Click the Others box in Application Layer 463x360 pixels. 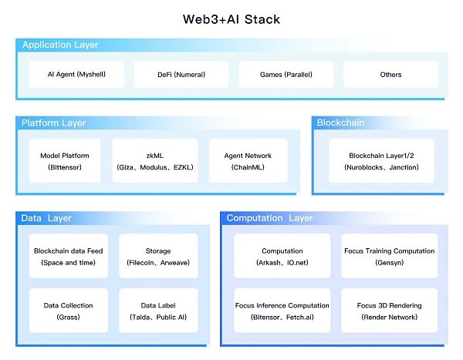click(x=390, y=75)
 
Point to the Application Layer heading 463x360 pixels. click(x=60, y=45)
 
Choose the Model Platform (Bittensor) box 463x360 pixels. click(x=65, y=161)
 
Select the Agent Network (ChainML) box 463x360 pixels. click(x=248, y=161)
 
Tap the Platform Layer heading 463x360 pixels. click(x=53, y=123)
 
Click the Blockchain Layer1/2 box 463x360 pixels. click(x=381, y=161)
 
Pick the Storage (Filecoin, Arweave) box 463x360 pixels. click(x=158, y=257)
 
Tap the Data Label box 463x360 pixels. click(x=158, y=311)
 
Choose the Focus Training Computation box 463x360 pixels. click(x=389, y=257)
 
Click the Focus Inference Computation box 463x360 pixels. click(x=282, y=311)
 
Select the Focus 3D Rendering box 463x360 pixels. click(x=389, y=311)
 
